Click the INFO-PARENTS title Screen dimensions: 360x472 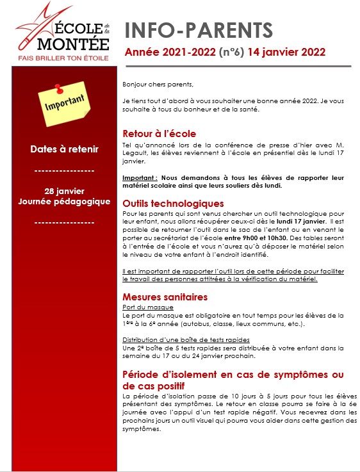click(x=197, y=30)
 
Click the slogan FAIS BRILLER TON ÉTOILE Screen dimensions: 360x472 click(x=63, y=58)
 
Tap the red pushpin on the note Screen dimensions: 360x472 click(x=59, y=87)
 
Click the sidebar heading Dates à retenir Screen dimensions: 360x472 click(x=64, y=149)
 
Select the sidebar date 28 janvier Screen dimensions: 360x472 click(x=64, y=191)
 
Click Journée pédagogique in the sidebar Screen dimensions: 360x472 click(x=64, y=202)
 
